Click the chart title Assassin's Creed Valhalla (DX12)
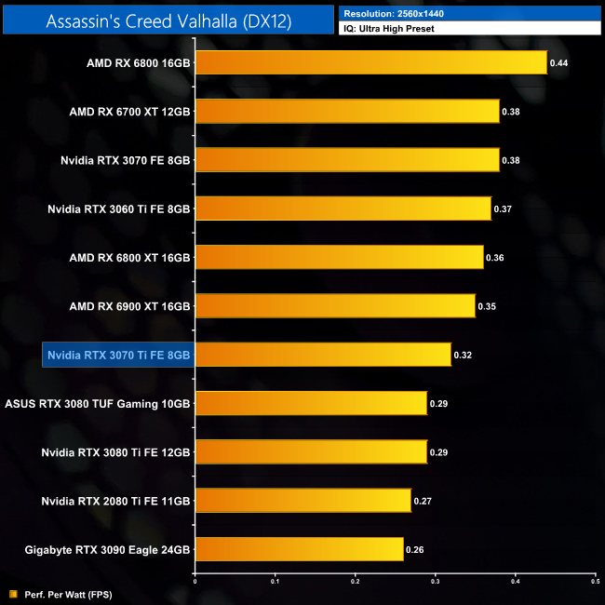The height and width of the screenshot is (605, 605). (x=168, y=20)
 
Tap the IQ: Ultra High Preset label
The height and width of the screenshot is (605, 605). (x=389, y=29)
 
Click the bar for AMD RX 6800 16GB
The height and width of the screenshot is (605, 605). (x=371, y=62)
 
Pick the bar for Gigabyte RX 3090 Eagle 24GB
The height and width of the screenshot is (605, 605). (x=299, y=549)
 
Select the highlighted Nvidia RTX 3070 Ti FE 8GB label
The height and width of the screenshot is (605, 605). (x=118, y=355)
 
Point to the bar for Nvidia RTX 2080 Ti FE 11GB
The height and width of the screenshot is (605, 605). (x=302, y=501)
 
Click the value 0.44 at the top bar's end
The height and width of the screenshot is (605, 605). (x=559, y=62)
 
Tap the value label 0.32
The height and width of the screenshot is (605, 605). (x=463, y=355)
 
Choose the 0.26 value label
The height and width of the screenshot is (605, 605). (x=414, y=549)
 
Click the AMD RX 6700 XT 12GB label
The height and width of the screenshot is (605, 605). (x=130, y=112)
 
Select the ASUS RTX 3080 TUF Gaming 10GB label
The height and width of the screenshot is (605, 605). (x=98, y=403)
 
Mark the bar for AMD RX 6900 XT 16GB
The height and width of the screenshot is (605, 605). (x=335, y=305)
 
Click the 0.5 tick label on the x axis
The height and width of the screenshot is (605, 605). (x=595, y=581)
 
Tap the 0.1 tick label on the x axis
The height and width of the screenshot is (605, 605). (x=275, y=581)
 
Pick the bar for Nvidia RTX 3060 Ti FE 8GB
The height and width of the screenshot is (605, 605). (x=343, y=208)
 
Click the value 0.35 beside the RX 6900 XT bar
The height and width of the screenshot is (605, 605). (x=487, y=305)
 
